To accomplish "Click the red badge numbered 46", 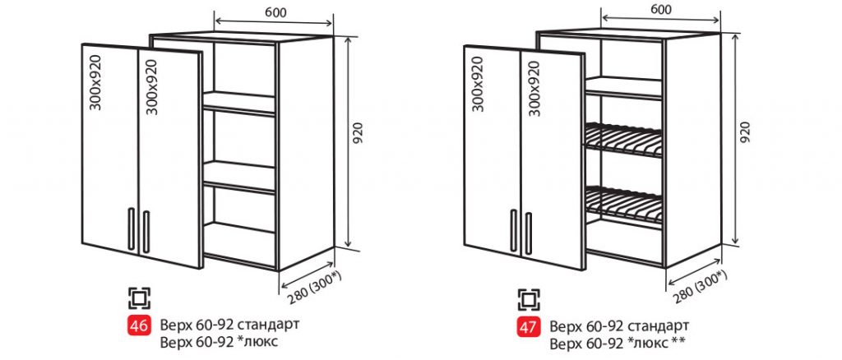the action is click(x=139, y=325).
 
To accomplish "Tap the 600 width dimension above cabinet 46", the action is click(x=274, y=12).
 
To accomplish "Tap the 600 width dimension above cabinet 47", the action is click(x=660, y=10).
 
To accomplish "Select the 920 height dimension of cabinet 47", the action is click(x=744, y=132).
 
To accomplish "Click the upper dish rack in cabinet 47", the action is click(x=623, y=140).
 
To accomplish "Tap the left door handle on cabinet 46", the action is click(x=132, y=228).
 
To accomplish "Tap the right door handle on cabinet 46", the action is click(x=146, y=232).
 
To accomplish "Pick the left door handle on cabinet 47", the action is click(x=514, y=230).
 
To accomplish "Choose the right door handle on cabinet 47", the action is click(x=529, y=233).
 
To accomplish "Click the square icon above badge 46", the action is click(x=139, y=298).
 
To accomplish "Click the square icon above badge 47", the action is click(x=529, y=299).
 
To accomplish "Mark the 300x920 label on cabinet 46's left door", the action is click(x=95, y=83).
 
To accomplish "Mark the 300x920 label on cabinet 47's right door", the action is click(x=533, y=89).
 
